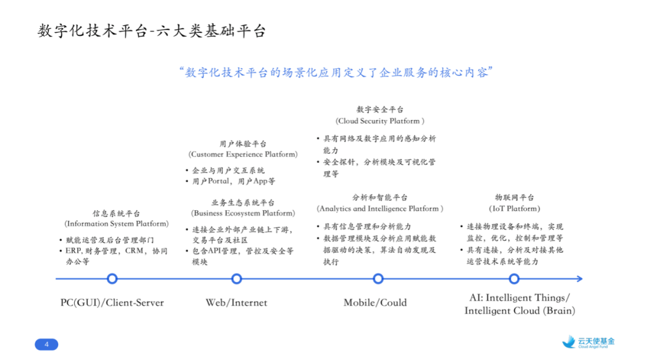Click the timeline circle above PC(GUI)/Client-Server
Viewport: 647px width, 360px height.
[111, 279]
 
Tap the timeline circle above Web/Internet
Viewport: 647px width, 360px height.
[237, 279]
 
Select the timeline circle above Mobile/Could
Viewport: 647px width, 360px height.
[378, 279]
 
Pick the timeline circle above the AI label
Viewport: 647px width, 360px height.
[514, 279]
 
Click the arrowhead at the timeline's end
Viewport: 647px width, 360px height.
[579, 279]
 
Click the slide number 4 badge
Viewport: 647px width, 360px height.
[47, 344]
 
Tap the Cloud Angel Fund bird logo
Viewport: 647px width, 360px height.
[569, 342]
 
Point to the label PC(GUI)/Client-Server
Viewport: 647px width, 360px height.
[112, 302]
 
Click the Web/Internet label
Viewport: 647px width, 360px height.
[237, 302]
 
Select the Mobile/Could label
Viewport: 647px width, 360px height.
[375, 302]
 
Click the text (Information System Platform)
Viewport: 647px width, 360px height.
[117, 224]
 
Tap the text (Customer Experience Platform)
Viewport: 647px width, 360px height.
[243, 155]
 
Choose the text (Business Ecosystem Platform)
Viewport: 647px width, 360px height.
[243, 213]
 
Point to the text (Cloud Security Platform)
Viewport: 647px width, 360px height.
[380, 121]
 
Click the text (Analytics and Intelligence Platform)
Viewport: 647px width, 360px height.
[380, 209]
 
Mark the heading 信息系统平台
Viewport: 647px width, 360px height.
[116, 213]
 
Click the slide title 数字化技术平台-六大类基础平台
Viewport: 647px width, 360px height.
[152, 31]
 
